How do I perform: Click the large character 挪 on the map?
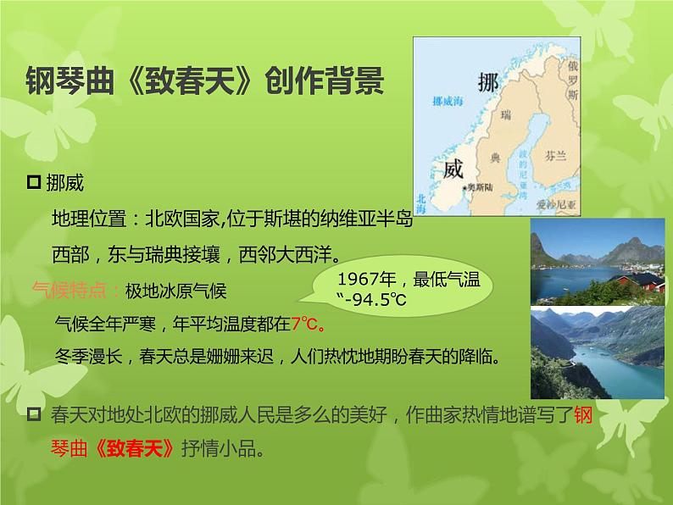click(488, 83)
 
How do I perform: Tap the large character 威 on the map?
click(454, 169)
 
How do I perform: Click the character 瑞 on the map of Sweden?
click(507, 114)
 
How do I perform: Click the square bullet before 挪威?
click(35, 181)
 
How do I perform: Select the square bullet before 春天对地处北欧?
click(35, 414)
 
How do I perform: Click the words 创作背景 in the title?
click(325, 83)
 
